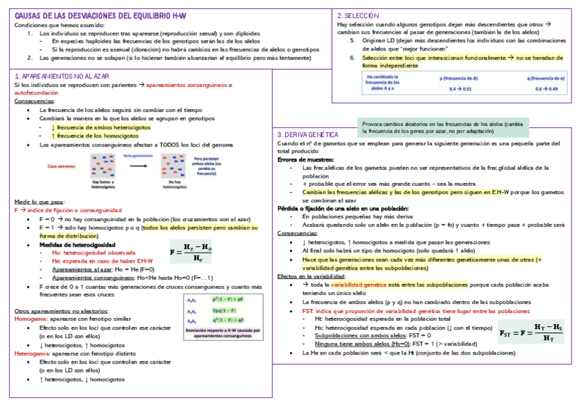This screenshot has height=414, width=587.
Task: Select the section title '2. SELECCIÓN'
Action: [359, 15]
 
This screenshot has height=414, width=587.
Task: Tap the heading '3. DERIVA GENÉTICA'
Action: [307, 134]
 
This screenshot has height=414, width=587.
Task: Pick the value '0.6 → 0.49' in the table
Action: [546, 90]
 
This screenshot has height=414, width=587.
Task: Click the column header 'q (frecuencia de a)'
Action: [545, 78]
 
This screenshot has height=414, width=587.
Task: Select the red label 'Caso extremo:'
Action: [62, 167]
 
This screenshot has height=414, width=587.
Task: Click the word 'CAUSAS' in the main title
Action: [30, 15]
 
